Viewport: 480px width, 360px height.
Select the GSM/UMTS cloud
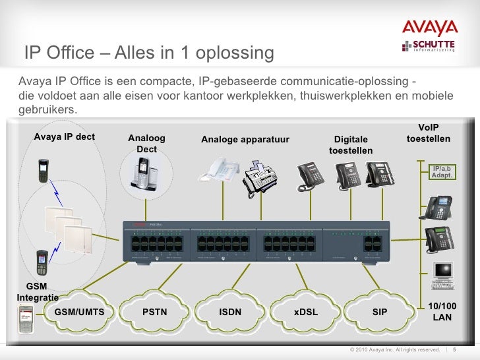pyautogui.click(x=79, y=312)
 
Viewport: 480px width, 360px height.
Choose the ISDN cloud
pyautogui.click(x=230, y=312)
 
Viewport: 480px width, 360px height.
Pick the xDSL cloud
pyautogui.click(x=305, y=312)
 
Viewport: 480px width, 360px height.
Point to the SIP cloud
pyautogui.click(x=380, y=312)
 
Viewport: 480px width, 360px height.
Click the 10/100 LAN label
pyautogui.click(x=442, y=313)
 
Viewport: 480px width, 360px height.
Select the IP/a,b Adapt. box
pyautogui.click(x=442, y=173)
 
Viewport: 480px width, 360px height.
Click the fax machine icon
pyautogui.click(x=258, y=175)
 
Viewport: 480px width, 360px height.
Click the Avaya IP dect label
pyautogui.click(x=64, y=137)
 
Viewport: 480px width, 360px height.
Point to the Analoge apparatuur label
pyautogui.click(x=245, y=139)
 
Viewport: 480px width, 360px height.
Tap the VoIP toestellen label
pyautogui.click(x=429, y=133)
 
